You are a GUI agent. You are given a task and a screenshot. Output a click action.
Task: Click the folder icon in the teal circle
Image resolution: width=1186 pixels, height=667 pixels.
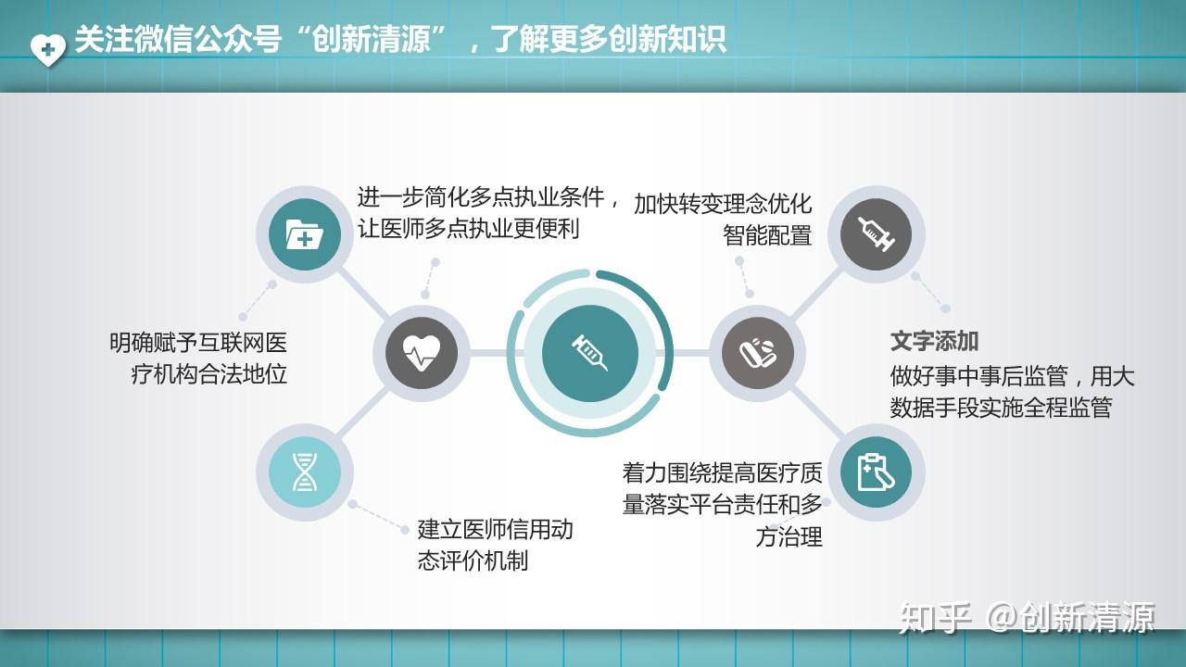tap(305, 235)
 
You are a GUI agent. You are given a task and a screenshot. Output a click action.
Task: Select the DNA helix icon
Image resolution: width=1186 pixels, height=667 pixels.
tap(305, 472)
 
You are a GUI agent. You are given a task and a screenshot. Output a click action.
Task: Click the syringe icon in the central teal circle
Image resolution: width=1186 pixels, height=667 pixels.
tap(590, 353)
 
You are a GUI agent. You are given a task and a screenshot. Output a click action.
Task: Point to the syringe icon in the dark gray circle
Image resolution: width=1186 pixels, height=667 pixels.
tap(876, 234)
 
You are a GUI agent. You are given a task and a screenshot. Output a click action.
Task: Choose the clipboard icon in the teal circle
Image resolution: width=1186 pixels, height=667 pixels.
tap(876, 472)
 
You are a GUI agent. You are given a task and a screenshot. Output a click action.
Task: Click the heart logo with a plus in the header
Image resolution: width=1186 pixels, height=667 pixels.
tap(48, 48)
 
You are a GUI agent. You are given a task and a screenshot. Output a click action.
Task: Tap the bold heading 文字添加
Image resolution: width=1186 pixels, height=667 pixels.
tap(934, 341)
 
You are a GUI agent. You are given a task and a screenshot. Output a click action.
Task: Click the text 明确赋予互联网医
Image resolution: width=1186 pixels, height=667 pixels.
tap(198, 343)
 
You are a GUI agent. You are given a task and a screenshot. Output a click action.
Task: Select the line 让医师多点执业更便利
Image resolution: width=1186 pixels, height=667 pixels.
tap(469, 228)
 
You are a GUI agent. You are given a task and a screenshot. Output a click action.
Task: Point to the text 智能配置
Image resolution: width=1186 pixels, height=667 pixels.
tap(767, 235)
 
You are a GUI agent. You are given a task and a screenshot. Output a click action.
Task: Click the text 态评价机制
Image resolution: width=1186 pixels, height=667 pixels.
tap(473, 560)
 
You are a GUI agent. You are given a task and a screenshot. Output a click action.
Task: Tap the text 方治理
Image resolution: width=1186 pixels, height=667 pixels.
tap(789, 536)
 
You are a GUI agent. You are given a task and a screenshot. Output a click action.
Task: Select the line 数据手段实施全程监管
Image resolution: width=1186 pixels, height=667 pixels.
tap(1001, 408)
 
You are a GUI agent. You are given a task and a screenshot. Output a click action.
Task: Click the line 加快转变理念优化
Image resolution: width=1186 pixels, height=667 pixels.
tap(723, 204)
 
